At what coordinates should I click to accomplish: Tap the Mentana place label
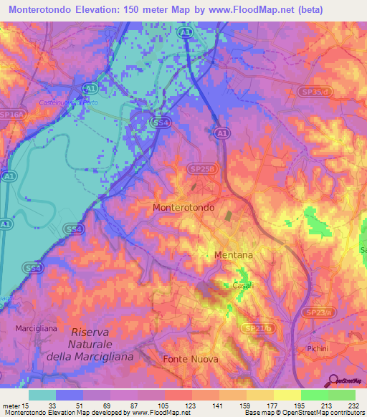pyautogui.click(x=234, y=254)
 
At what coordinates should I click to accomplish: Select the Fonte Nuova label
pyautogui.click(x=190, y=358)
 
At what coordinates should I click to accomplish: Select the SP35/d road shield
pyautogui.click(x=316, y=91)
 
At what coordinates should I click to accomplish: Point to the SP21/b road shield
pyautogui.click(x=253, y=327)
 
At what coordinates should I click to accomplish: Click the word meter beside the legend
pyautogui.click(x=10, y=406)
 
